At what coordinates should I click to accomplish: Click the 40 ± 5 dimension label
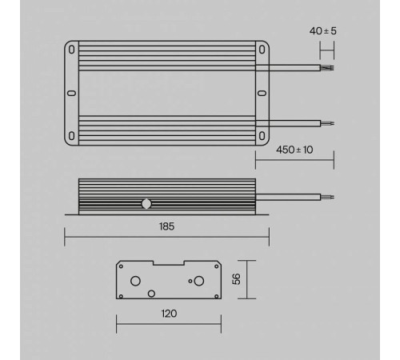[x=323, y=31]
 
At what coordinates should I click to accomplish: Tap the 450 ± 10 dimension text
[x=294, y=150]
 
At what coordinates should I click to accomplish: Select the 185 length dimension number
[x=166, y=226]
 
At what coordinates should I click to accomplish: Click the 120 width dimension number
[x=168, y=314]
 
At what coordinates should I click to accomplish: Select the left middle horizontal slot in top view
[x=70, y=93]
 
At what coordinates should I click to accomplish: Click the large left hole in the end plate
[x=136, y=281]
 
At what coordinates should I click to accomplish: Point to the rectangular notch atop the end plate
[x=168, y=264]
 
